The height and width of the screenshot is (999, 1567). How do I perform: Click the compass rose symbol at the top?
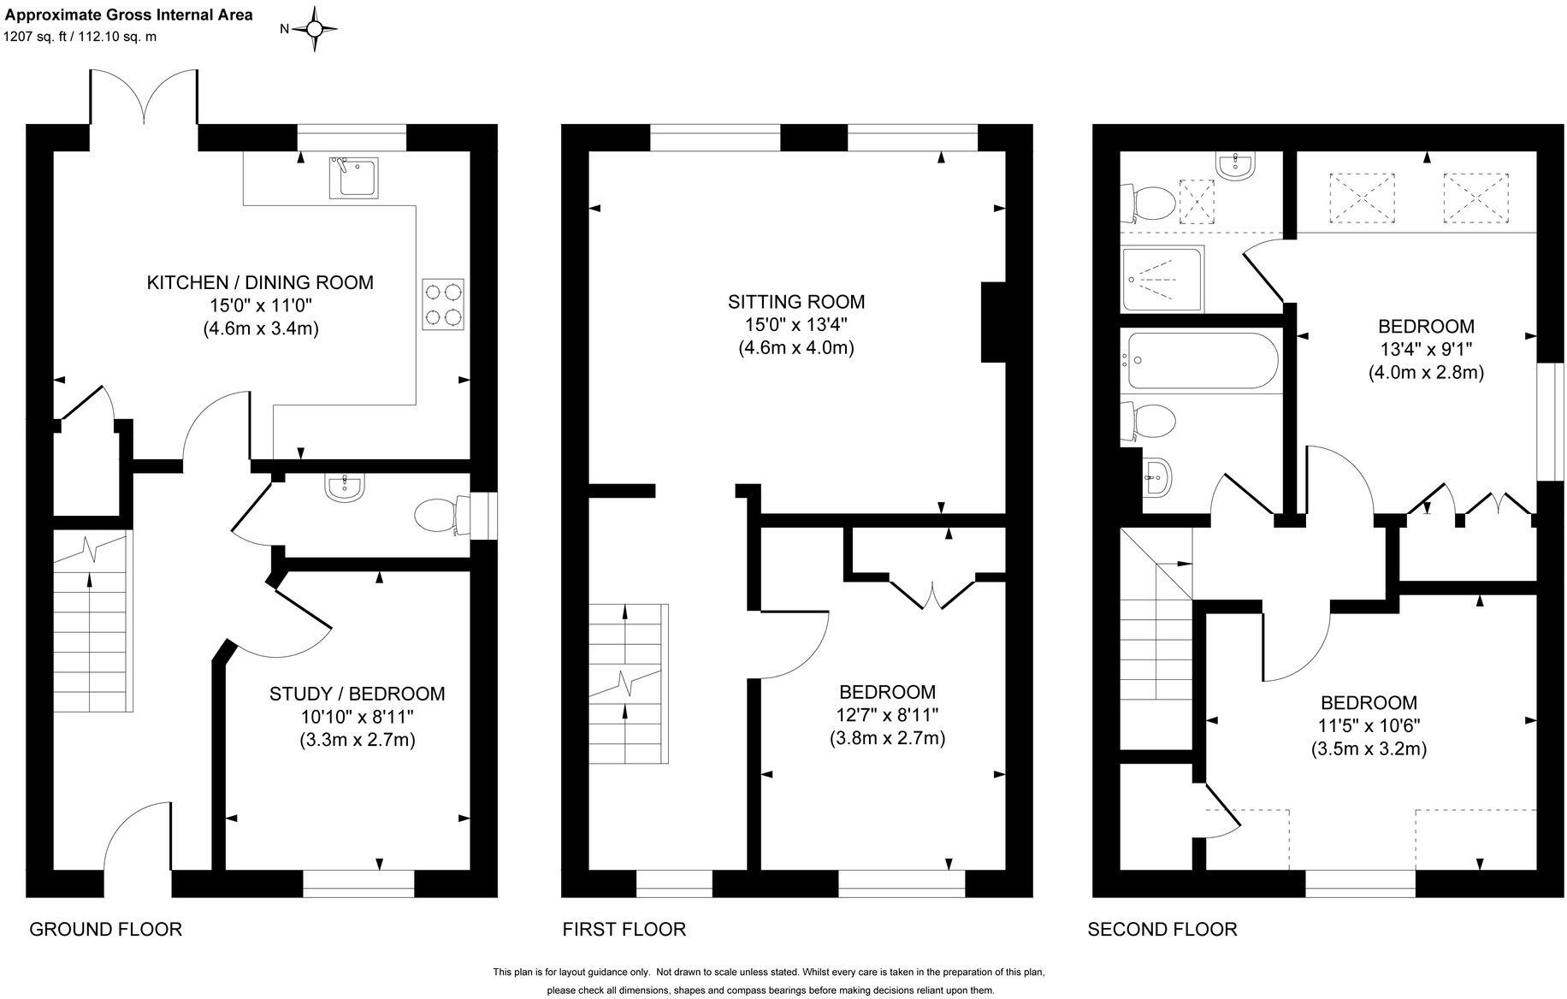tap(314, 29)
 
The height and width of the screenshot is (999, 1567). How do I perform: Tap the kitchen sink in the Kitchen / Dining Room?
tap(352, 177)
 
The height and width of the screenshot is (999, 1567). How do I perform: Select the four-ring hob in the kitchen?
tap(443, 304)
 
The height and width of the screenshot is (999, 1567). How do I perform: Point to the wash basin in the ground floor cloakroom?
tap(345, 488)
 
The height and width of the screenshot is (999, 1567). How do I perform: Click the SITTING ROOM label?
tap(795, 302)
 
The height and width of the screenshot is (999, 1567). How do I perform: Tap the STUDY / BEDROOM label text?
tap(357, 694)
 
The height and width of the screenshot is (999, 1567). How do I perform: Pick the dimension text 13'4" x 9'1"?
tap(1425, 349)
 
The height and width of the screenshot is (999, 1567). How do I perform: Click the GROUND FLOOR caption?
tap(105, 929)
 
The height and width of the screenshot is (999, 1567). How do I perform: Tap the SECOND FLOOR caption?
tap(1162, 929)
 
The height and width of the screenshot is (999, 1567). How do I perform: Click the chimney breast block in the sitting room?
tap(992, 322)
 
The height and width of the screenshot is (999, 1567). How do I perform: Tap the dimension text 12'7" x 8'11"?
tap(887, 715)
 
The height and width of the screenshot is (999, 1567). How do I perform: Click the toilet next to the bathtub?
tap(1150, 422)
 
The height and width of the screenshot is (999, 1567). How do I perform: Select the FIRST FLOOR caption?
tap(624, 929)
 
